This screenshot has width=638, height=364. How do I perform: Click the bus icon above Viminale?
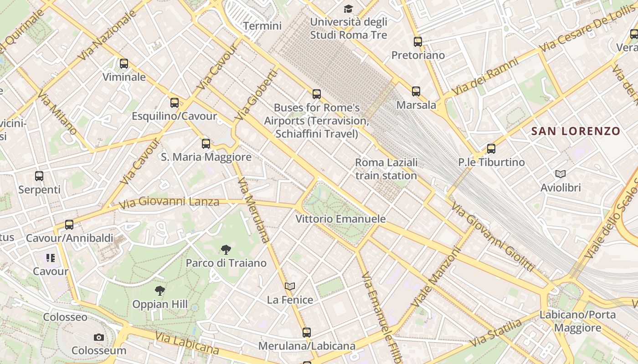coord(124,64)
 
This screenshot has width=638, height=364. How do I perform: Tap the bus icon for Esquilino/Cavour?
coord(175,103)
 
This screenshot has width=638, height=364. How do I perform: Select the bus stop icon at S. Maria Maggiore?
coord(206,144)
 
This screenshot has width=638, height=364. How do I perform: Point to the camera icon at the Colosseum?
coord(99,337)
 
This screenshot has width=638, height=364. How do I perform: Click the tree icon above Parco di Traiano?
coord(226,249)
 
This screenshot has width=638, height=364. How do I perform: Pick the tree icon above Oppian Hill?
coord(160,290)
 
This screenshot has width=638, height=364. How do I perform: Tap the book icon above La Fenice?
coord(290,286)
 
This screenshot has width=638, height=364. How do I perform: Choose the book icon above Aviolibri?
coord(561,174)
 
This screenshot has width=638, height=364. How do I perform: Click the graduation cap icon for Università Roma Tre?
coord(349,9)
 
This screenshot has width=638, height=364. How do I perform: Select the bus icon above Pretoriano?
coord(418,42)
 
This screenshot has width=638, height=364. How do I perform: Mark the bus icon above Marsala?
coord(416,91)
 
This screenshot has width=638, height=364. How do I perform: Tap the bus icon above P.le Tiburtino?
coord(491,149)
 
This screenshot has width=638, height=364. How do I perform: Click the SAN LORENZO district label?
coord(576,131)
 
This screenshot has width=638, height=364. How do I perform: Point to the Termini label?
coord(262,26)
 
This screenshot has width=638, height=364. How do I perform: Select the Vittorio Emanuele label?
coord(340,219)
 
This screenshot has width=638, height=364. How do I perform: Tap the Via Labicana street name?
coord(186,344)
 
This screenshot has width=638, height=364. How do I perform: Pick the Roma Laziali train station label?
coord(386,169)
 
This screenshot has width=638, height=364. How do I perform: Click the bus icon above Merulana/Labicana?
coord(307,333)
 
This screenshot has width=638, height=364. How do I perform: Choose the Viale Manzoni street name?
coord(436,277)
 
